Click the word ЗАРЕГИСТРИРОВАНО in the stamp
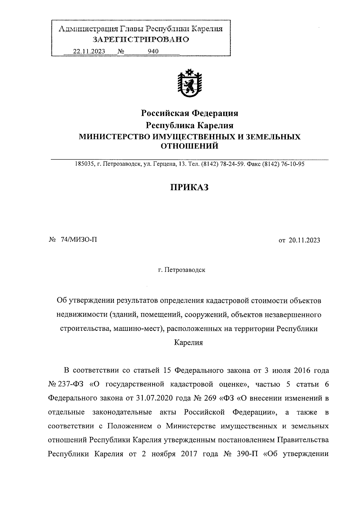(x=141, y=39)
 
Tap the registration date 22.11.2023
(x=89, y=52)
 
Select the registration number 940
(x=153, y=52)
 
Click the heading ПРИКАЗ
(x=190, y=187)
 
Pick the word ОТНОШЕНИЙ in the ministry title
(x=190, y=146)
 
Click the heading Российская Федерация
(x=190, y=113)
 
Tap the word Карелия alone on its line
(x=189, y=343)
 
